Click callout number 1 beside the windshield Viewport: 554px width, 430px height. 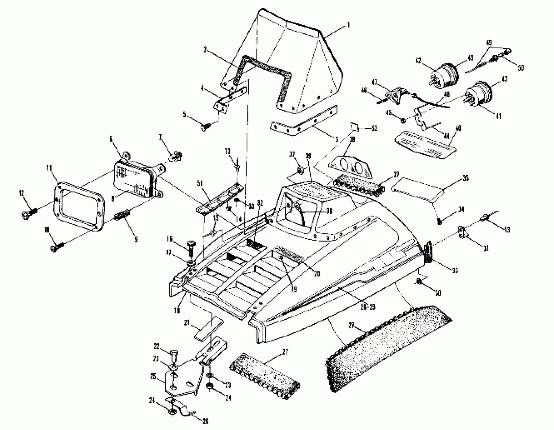(x=349, y=25)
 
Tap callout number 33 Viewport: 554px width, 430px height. (x=455, y=271)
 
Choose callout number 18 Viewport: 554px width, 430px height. (x=177, y=311)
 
